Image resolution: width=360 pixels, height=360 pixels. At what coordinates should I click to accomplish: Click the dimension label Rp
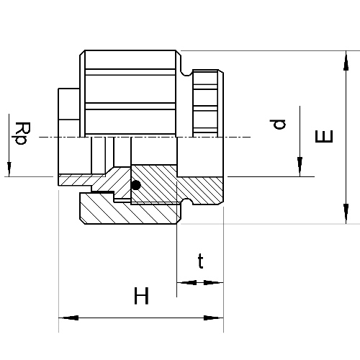click(x=22, y=133)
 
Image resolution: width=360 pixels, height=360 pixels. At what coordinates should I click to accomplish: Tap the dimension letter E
click(x=324, y=136)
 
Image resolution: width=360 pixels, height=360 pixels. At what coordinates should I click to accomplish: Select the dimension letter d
click(x=277, y=124)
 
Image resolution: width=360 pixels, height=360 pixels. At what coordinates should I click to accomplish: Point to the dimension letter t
click(x=200, y=261)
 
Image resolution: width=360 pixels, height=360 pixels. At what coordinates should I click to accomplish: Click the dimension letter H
click(x=141, y=296)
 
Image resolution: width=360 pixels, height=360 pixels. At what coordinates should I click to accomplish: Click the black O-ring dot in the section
click(x=136, y=185)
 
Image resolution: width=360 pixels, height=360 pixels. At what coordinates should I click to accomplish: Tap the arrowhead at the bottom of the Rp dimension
click(x=9, y=169)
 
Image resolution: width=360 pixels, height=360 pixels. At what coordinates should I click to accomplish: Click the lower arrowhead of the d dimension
click(x=300, y=166)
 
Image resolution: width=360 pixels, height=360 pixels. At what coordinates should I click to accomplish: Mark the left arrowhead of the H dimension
click(x=68, y=318)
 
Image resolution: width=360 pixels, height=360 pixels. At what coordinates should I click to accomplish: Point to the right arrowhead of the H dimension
click(x=213, y=318)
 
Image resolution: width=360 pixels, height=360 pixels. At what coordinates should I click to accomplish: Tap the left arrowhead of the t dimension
click(x=186, y=282)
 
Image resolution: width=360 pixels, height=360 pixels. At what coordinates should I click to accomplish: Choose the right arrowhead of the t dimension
click(x=213, y=282)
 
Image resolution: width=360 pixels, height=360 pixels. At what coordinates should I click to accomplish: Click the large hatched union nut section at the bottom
click(x=130, y=211)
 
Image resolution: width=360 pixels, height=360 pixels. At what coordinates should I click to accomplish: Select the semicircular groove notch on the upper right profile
click(x=186, y=72)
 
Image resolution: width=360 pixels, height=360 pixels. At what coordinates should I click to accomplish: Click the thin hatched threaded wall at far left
click(x=77, y=180)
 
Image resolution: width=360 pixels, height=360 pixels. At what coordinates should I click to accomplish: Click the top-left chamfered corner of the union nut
click(x=82, y=53)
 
